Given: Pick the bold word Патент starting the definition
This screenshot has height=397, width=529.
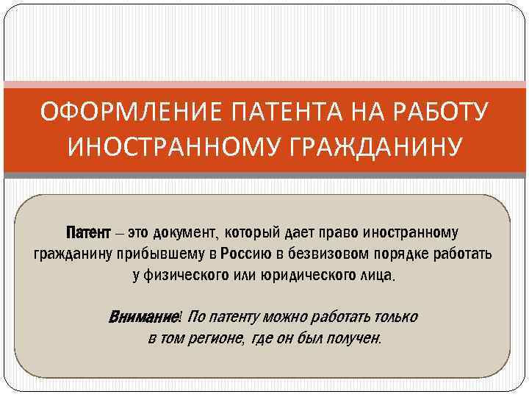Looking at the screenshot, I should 87,234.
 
